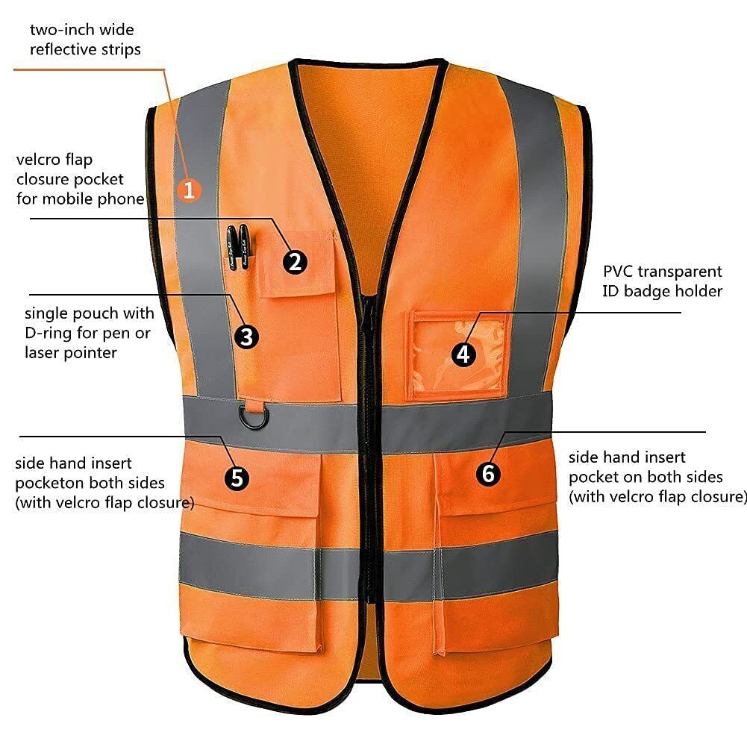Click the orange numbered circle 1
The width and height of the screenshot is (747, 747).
point(189,190)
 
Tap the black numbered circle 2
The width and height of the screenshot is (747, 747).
point(295,262)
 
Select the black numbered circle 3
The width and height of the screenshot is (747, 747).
point(246,337)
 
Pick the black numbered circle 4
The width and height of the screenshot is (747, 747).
point(464,354)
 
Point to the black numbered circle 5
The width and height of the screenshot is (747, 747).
point(237,478)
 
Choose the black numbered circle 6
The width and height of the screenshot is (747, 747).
point(488,473)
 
